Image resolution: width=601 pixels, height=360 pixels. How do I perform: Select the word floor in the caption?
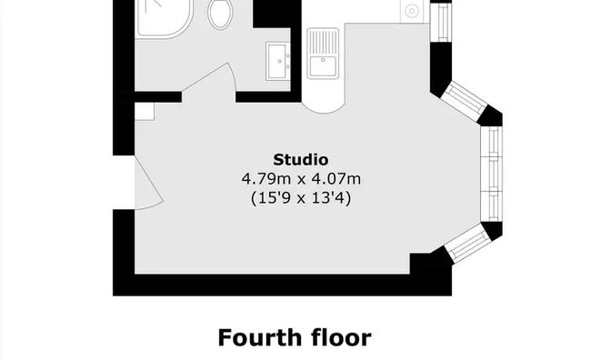click(x=338, y=337)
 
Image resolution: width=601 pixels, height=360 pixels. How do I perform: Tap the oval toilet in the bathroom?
click(x=219, y=13)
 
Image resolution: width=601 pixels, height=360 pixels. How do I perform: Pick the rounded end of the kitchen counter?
click(x=324, y=102)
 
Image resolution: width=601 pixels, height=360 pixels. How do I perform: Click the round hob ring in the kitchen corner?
click(x=410, y=12)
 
